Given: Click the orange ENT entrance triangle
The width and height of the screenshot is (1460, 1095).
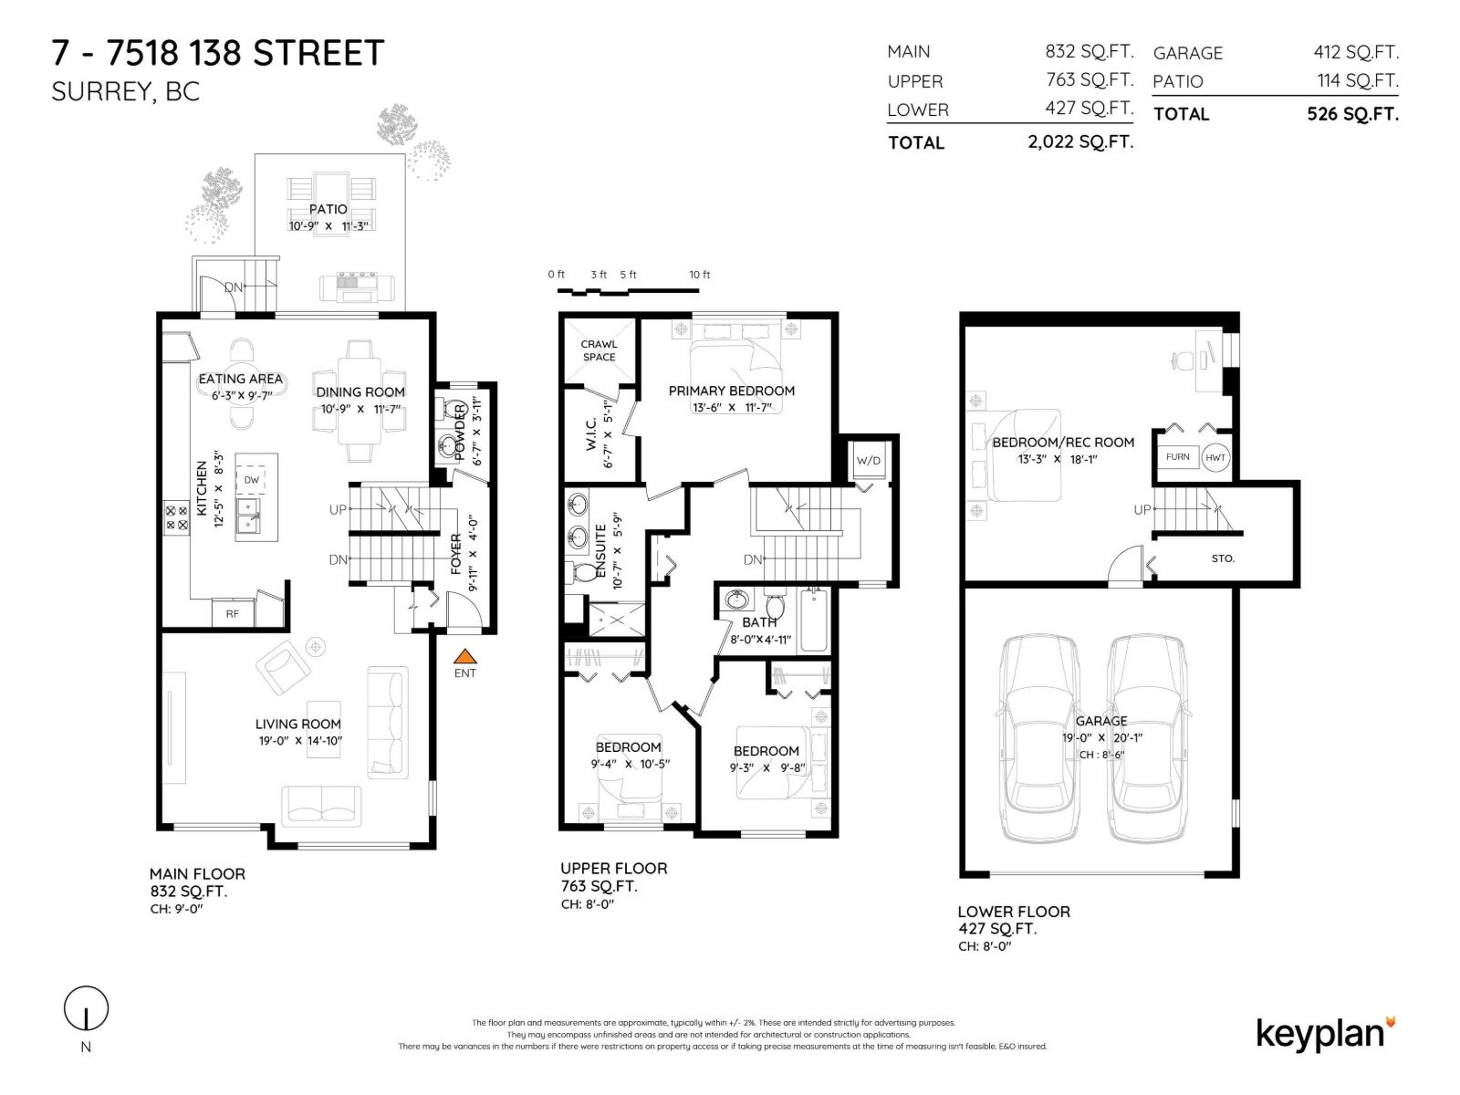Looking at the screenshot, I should click(465, 655).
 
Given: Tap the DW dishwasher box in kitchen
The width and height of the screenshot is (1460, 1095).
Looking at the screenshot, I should click(251, 479).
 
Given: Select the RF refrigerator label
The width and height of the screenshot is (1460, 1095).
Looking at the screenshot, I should click(233, 614).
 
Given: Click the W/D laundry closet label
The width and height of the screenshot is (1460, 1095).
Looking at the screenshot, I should click(869, 461).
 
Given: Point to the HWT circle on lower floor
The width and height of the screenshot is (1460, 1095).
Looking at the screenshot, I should click(1215, 457).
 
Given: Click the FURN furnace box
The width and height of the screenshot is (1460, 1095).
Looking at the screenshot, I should click(1177, 457).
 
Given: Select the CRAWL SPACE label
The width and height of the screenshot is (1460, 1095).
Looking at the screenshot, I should click(599, 350).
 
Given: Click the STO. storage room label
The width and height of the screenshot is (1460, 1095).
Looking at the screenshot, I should click(1223, 558).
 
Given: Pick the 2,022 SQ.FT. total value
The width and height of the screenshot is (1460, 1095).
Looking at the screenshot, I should click(1080, 142).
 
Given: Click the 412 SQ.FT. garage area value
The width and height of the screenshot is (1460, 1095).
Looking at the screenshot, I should click(1355, 52).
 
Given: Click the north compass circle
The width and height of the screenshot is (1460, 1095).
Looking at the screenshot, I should click(86, 1009).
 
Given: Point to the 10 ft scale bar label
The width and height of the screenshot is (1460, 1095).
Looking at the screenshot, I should click(699, 275).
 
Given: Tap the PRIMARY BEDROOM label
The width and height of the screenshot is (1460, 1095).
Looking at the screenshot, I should click(731, 391).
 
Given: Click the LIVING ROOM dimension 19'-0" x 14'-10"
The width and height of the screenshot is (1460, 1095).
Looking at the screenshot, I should click(299, 741).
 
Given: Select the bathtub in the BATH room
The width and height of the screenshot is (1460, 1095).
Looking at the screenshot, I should click(813, 620).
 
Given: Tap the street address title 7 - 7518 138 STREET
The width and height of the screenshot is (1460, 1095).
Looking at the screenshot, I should click(218, 53).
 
